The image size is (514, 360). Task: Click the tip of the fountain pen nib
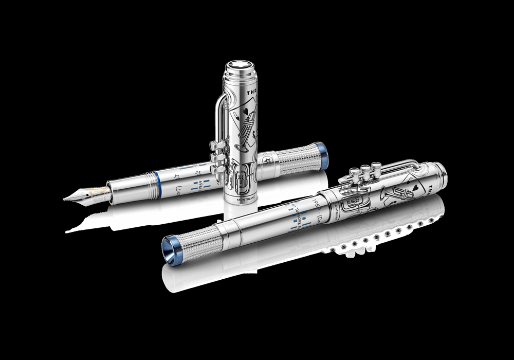pyautogui.click(x=66, y=199)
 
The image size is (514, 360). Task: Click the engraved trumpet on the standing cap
pyautogui.click(x=250, y=134)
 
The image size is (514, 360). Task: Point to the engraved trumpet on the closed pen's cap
pyautogui.click(x=395, y=194)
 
